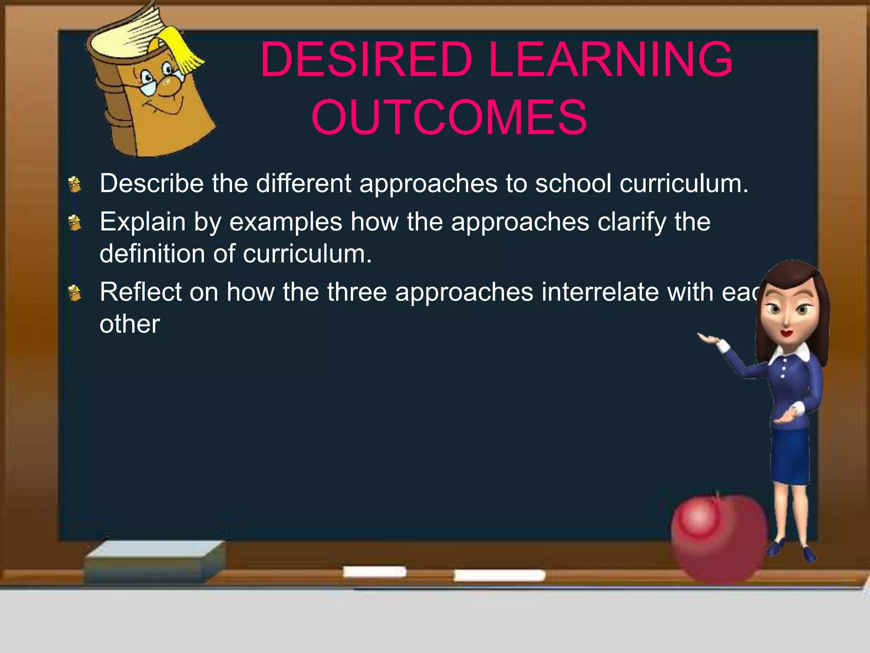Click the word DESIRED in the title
click(x=366, y=60)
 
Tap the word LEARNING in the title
click(x=610, y=60)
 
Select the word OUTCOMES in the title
click(x=449, y=117)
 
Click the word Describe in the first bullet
click(x=152, y=184)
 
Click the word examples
click(x=285, y=222)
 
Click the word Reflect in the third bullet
click(x=140, y=292)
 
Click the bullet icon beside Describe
click(x=75, y=185)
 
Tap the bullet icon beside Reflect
click(x=75, y=293)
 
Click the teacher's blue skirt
click(x=790, y=455)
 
